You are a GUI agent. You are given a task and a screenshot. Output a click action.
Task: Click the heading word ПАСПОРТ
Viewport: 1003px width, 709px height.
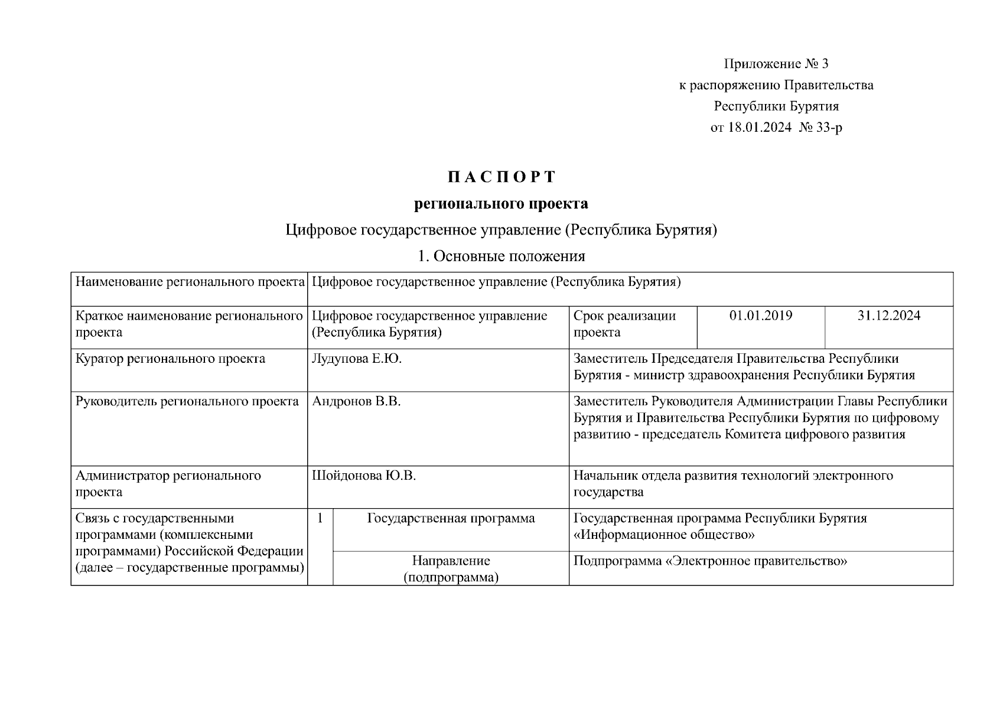[x=501, y=177]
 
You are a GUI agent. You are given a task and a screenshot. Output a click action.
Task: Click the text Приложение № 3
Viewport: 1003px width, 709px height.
[x=776, y=64]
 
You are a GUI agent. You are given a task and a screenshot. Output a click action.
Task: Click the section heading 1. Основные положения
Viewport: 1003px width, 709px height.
[x=501, y=256]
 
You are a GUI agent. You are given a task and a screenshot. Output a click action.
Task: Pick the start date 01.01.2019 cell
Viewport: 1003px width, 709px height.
[x=761, y=316]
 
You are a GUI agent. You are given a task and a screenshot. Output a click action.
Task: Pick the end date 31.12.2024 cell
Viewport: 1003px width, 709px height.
[x=888, y=316]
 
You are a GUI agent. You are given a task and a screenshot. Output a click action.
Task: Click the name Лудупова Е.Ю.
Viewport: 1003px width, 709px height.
[x=357, y=359]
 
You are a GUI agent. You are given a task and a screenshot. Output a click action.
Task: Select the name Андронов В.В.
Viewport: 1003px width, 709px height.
[x=356, y=402]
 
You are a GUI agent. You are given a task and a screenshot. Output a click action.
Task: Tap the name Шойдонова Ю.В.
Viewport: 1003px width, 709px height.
[x=364, y=476]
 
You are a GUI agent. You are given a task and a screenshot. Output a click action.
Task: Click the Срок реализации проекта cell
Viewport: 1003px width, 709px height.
[x=624, y=324]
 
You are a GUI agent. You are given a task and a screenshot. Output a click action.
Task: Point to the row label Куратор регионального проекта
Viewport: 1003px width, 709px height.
[x=171, y=359]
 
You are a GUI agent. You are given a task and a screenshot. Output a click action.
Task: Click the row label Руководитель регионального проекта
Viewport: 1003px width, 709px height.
[x=187, y=402]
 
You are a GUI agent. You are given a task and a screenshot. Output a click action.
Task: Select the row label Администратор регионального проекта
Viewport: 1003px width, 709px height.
[x=168, y=484]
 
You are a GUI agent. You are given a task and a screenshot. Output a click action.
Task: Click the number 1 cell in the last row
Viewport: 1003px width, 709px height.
[x=320, y=519]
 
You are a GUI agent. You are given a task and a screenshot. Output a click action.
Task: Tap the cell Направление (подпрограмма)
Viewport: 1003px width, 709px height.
[x=451, y=569]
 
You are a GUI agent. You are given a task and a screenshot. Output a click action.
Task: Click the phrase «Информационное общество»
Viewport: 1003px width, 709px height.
[x=664, y=535]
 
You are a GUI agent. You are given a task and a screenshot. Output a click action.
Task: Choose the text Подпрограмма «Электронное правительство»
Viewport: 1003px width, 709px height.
[x=710, y=561]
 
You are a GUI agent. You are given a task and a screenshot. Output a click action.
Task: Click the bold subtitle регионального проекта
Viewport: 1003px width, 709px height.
[x=501, y=204]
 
